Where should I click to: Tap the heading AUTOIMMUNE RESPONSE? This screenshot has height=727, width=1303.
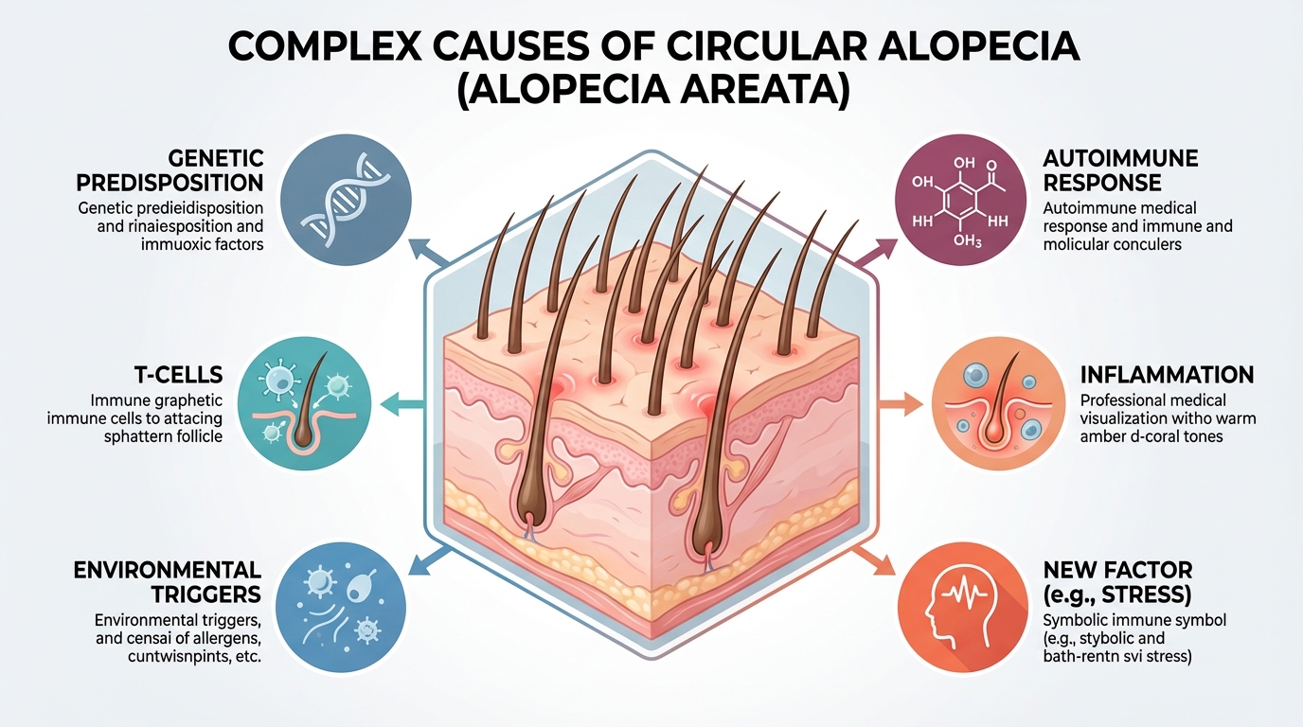(1120, 169)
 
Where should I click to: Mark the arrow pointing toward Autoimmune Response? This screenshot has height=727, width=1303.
(876, 250)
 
